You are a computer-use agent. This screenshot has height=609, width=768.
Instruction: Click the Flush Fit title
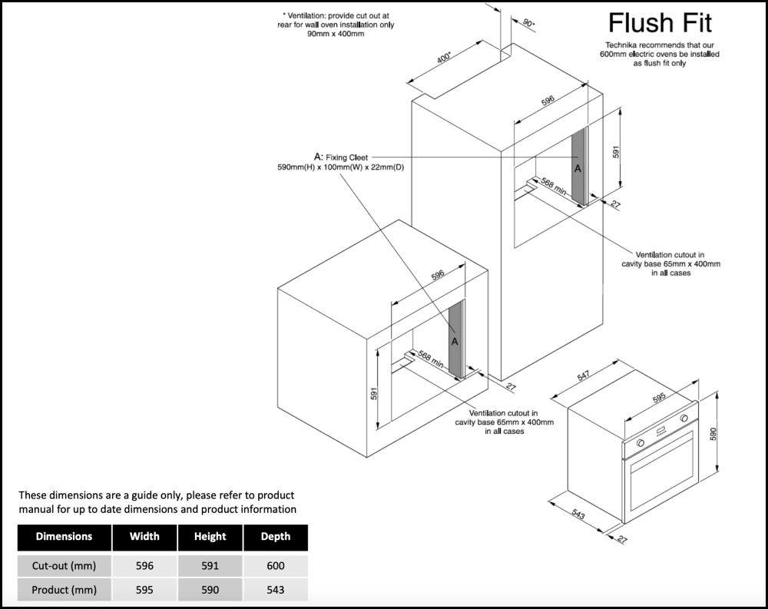[660, 23]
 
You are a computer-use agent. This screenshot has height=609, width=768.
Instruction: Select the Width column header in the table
[144, 537]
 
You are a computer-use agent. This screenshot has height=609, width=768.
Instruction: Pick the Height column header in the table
[210, 537]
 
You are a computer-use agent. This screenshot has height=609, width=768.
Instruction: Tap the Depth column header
[276, 537]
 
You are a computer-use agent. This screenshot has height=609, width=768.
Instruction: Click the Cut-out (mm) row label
[65, 566]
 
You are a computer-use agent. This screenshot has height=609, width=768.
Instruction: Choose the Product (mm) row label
[65, 590]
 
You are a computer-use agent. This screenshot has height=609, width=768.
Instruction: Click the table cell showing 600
[276, 566]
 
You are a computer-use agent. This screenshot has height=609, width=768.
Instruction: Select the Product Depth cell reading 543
[276, 590]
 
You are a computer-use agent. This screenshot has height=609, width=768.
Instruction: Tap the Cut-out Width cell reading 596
[144, 566]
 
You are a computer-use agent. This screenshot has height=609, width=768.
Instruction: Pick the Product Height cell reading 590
[210, 590]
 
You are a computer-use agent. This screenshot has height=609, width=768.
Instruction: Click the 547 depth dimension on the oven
[584, 377]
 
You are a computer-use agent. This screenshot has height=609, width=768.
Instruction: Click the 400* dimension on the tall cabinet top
[445, 59]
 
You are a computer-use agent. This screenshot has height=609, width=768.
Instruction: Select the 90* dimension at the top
[528, 24]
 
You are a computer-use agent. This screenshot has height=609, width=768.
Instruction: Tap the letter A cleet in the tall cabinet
[578, 167]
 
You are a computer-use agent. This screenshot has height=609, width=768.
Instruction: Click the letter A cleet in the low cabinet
[455, 341]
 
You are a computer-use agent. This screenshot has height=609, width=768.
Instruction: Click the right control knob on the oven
[683, 419]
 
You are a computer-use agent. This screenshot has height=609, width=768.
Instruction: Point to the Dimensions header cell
[65, 537]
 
